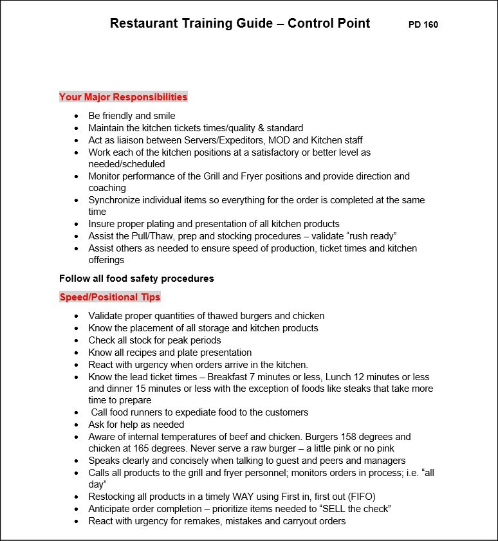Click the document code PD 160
423,25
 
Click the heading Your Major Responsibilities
123,97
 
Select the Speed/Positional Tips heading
109,297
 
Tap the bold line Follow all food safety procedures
136,279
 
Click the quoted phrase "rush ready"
373,236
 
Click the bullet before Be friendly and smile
77,116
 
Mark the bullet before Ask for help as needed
77,425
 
